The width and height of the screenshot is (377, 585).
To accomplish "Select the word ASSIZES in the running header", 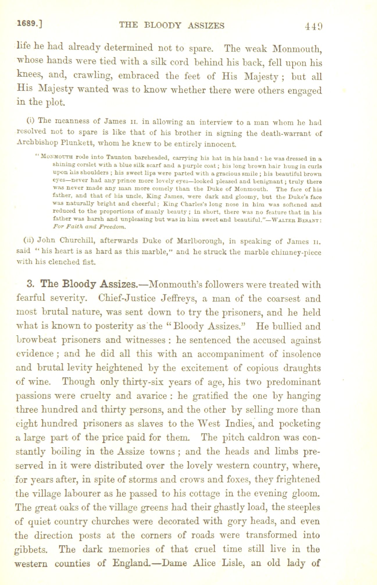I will click(x=206, y=26).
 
